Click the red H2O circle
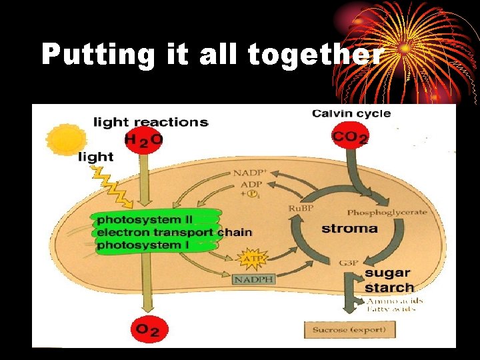(x=143, y=139)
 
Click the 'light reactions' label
(x=151, y=121)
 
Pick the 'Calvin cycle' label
(x=351, y=113)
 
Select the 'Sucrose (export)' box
(x=350, y=329)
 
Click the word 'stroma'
(x=349, y=229)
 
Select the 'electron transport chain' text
(x=174, y=232)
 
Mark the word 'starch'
(x=389, y=288)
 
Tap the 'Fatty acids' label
(x=391, y=309)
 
